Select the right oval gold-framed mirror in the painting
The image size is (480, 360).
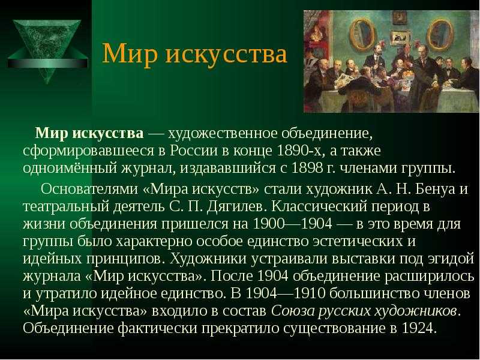[x=439, y=34]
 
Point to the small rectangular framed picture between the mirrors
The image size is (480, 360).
[x=401, y=38]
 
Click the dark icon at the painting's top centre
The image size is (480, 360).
[x=399, y=18]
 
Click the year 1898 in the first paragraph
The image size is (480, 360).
[x=307, y=169]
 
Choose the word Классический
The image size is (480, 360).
[x=319, y=206]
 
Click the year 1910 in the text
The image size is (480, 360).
[x=309, y=293]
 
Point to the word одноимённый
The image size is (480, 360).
[x=70, y=169]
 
